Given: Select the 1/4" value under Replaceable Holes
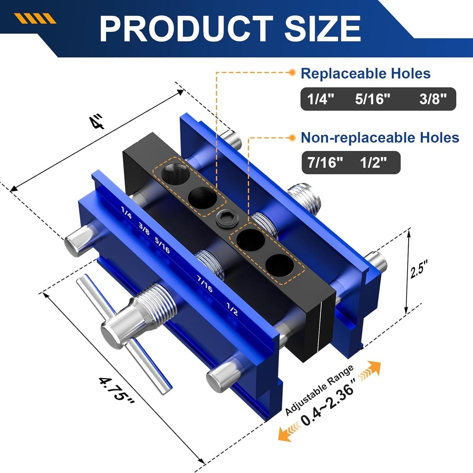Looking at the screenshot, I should click(x=320, y=99).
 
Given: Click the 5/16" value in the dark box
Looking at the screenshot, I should click(x=372, y=99).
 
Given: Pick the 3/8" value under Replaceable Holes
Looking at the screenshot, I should click(x=433, y=99).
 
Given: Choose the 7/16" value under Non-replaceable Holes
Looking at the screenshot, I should click(x=325, y=163).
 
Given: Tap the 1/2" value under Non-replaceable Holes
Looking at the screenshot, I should click(x=373, y=163).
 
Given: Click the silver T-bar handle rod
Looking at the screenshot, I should click(x=126, y=334).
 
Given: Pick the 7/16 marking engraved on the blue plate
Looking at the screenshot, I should click(x=205, y=283).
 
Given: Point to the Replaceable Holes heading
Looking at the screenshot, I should click(x=365, y=73).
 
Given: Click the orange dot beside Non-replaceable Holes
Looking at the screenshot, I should click(x=292, y=137).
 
